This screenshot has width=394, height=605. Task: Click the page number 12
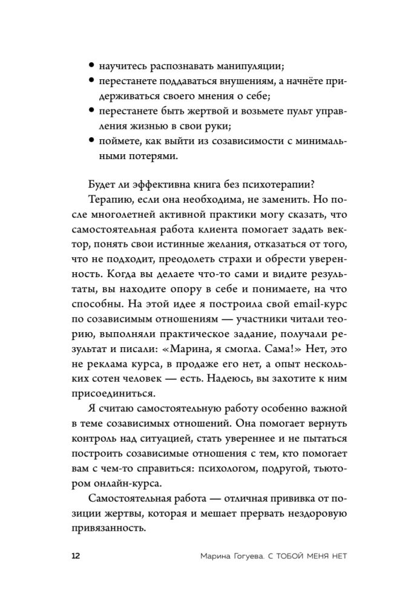tap(74, 555)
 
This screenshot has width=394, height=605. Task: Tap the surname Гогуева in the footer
tap(233, 555)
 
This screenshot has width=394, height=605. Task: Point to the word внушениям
tap(230, 80)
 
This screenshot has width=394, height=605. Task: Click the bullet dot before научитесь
tap(91, 65)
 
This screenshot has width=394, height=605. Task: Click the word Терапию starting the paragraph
tap(110, 200)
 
